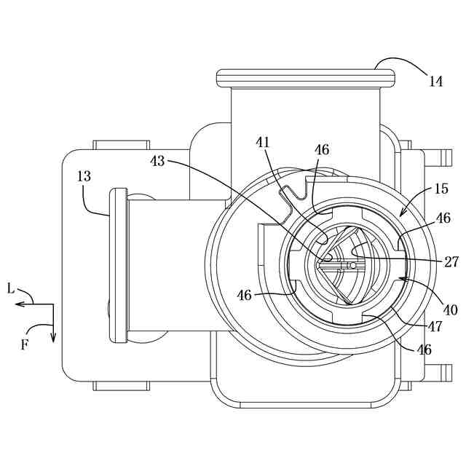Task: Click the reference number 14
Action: [x=435, y=82]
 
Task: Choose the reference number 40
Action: [x=450, y=309]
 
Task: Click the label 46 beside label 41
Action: [x=322, y=150]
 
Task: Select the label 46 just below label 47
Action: [x=423, y=349]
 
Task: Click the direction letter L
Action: [x=11, y=289]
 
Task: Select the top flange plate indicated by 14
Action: [x=306, y=76]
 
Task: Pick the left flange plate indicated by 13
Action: [x=117, y=264]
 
